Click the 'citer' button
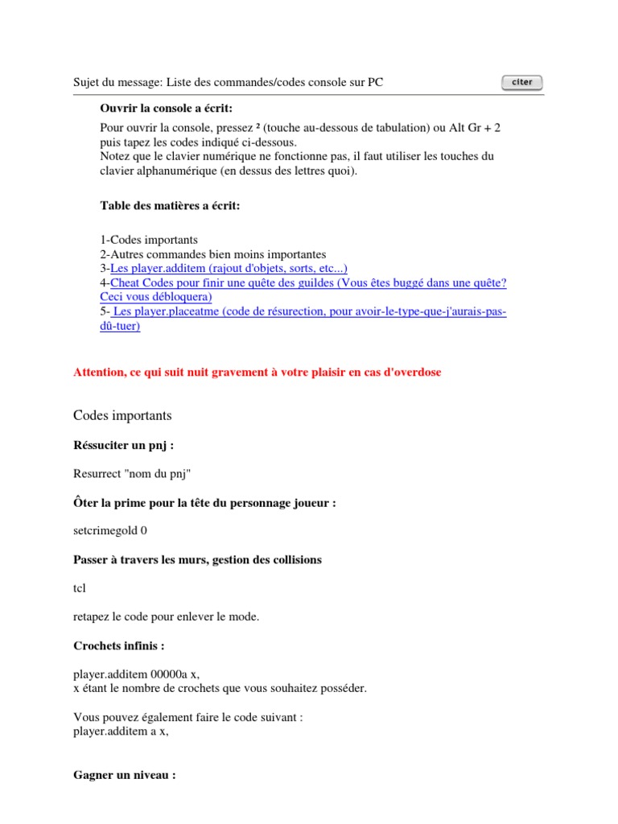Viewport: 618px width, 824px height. tap(521, 82)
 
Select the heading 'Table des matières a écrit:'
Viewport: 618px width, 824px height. tap(170, 206)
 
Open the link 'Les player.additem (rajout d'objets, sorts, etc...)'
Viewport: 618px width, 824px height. tap(229, 268)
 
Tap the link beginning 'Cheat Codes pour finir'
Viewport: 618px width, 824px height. tap(308, 282)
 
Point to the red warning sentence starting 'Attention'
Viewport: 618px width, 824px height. tap(257, 372)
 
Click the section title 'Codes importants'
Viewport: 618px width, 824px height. tap(122, 416)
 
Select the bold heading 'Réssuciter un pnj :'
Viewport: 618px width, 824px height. tap(124, 445)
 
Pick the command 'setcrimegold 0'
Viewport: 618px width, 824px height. tap(110, 530)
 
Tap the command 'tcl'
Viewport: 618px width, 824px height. tap(79, 588)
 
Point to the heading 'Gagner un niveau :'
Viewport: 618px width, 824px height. tap(125, 777)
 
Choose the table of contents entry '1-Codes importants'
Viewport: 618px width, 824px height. tap(149, 240)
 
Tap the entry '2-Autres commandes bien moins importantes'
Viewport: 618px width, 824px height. tap(213, 253)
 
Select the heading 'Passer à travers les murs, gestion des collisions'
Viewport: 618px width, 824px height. tap(197, 559)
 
